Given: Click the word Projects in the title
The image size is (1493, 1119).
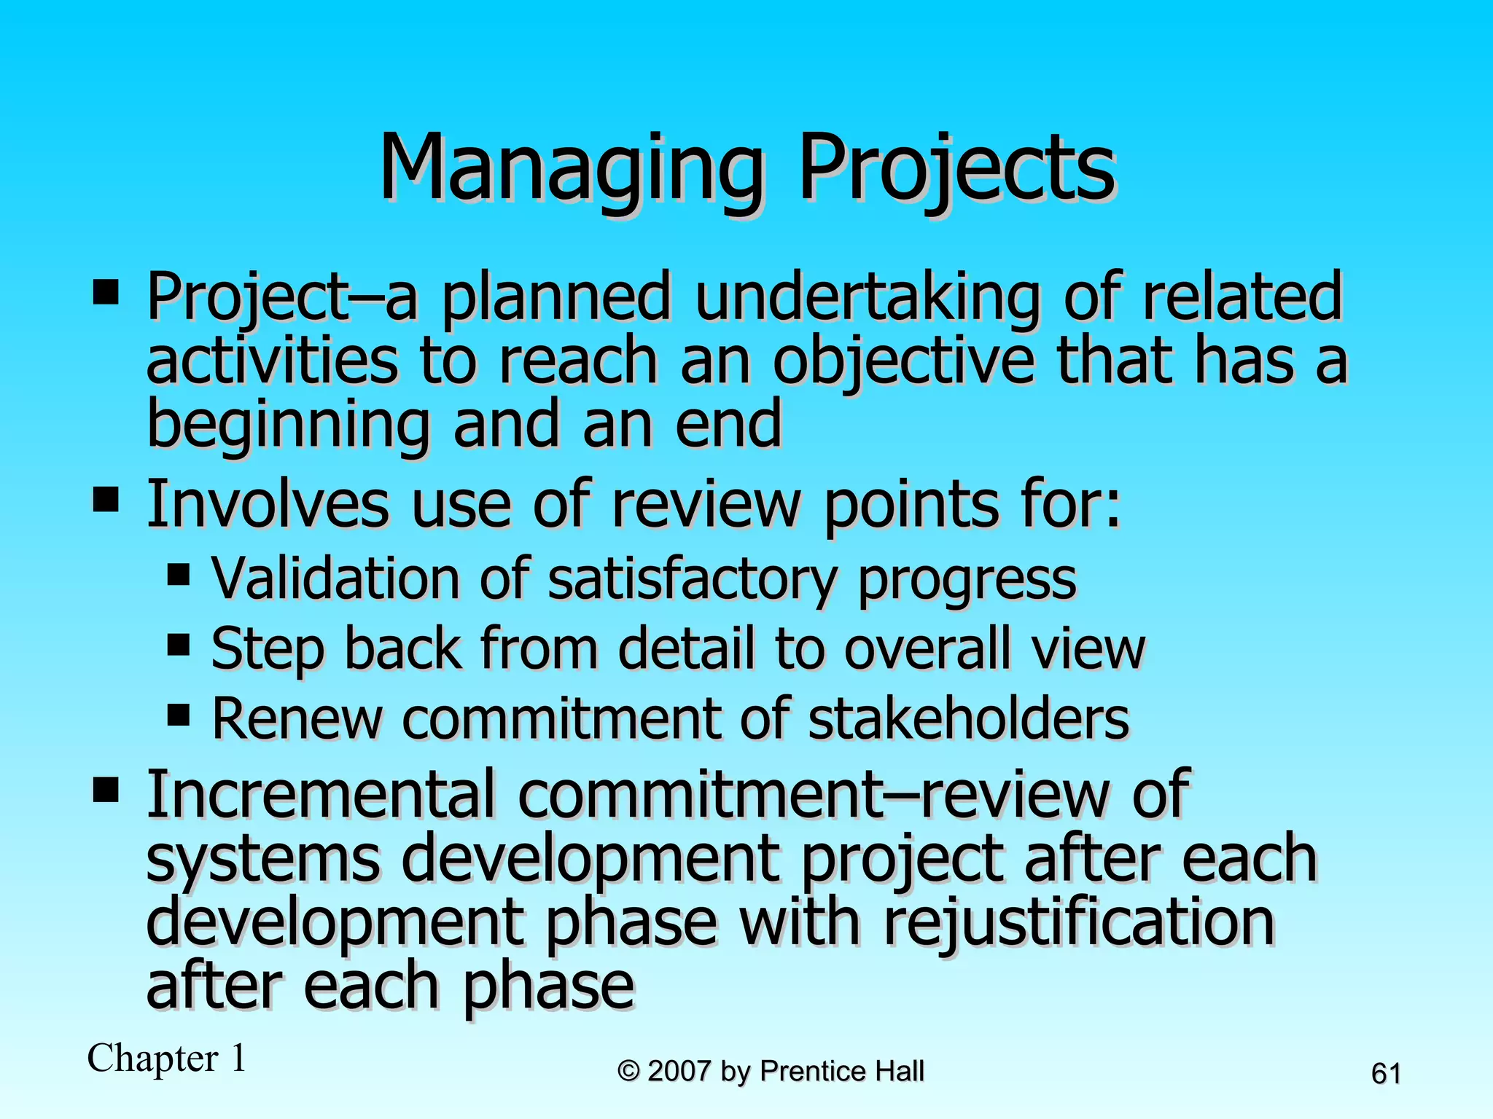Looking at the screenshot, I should tap(956, 169).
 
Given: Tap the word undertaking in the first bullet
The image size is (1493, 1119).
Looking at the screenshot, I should tap(868, 297).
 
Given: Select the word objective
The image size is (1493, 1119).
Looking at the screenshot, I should tap(903, 361).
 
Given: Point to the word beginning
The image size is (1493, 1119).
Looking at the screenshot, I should tap(288, 425).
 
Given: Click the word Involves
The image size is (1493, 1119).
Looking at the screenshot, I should tap(268, 504).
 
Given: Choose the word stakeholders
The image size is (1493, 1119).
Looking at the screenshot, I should tap(969, 718).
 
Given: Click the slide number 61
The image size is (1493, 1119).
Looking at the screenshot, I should tap(1386, 1074).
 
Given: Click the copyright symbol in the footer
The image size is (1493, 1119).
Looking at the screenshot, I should tap(628, 1072).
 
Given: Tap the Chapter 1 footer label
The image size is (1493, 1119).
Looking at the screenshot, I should tap(167, 1059).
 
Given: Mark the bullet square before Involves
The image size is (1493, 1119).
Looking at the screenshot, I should tap(106, 500).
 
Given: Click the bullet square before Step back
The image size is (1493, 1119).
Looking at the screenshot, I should tap(179, 644).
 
